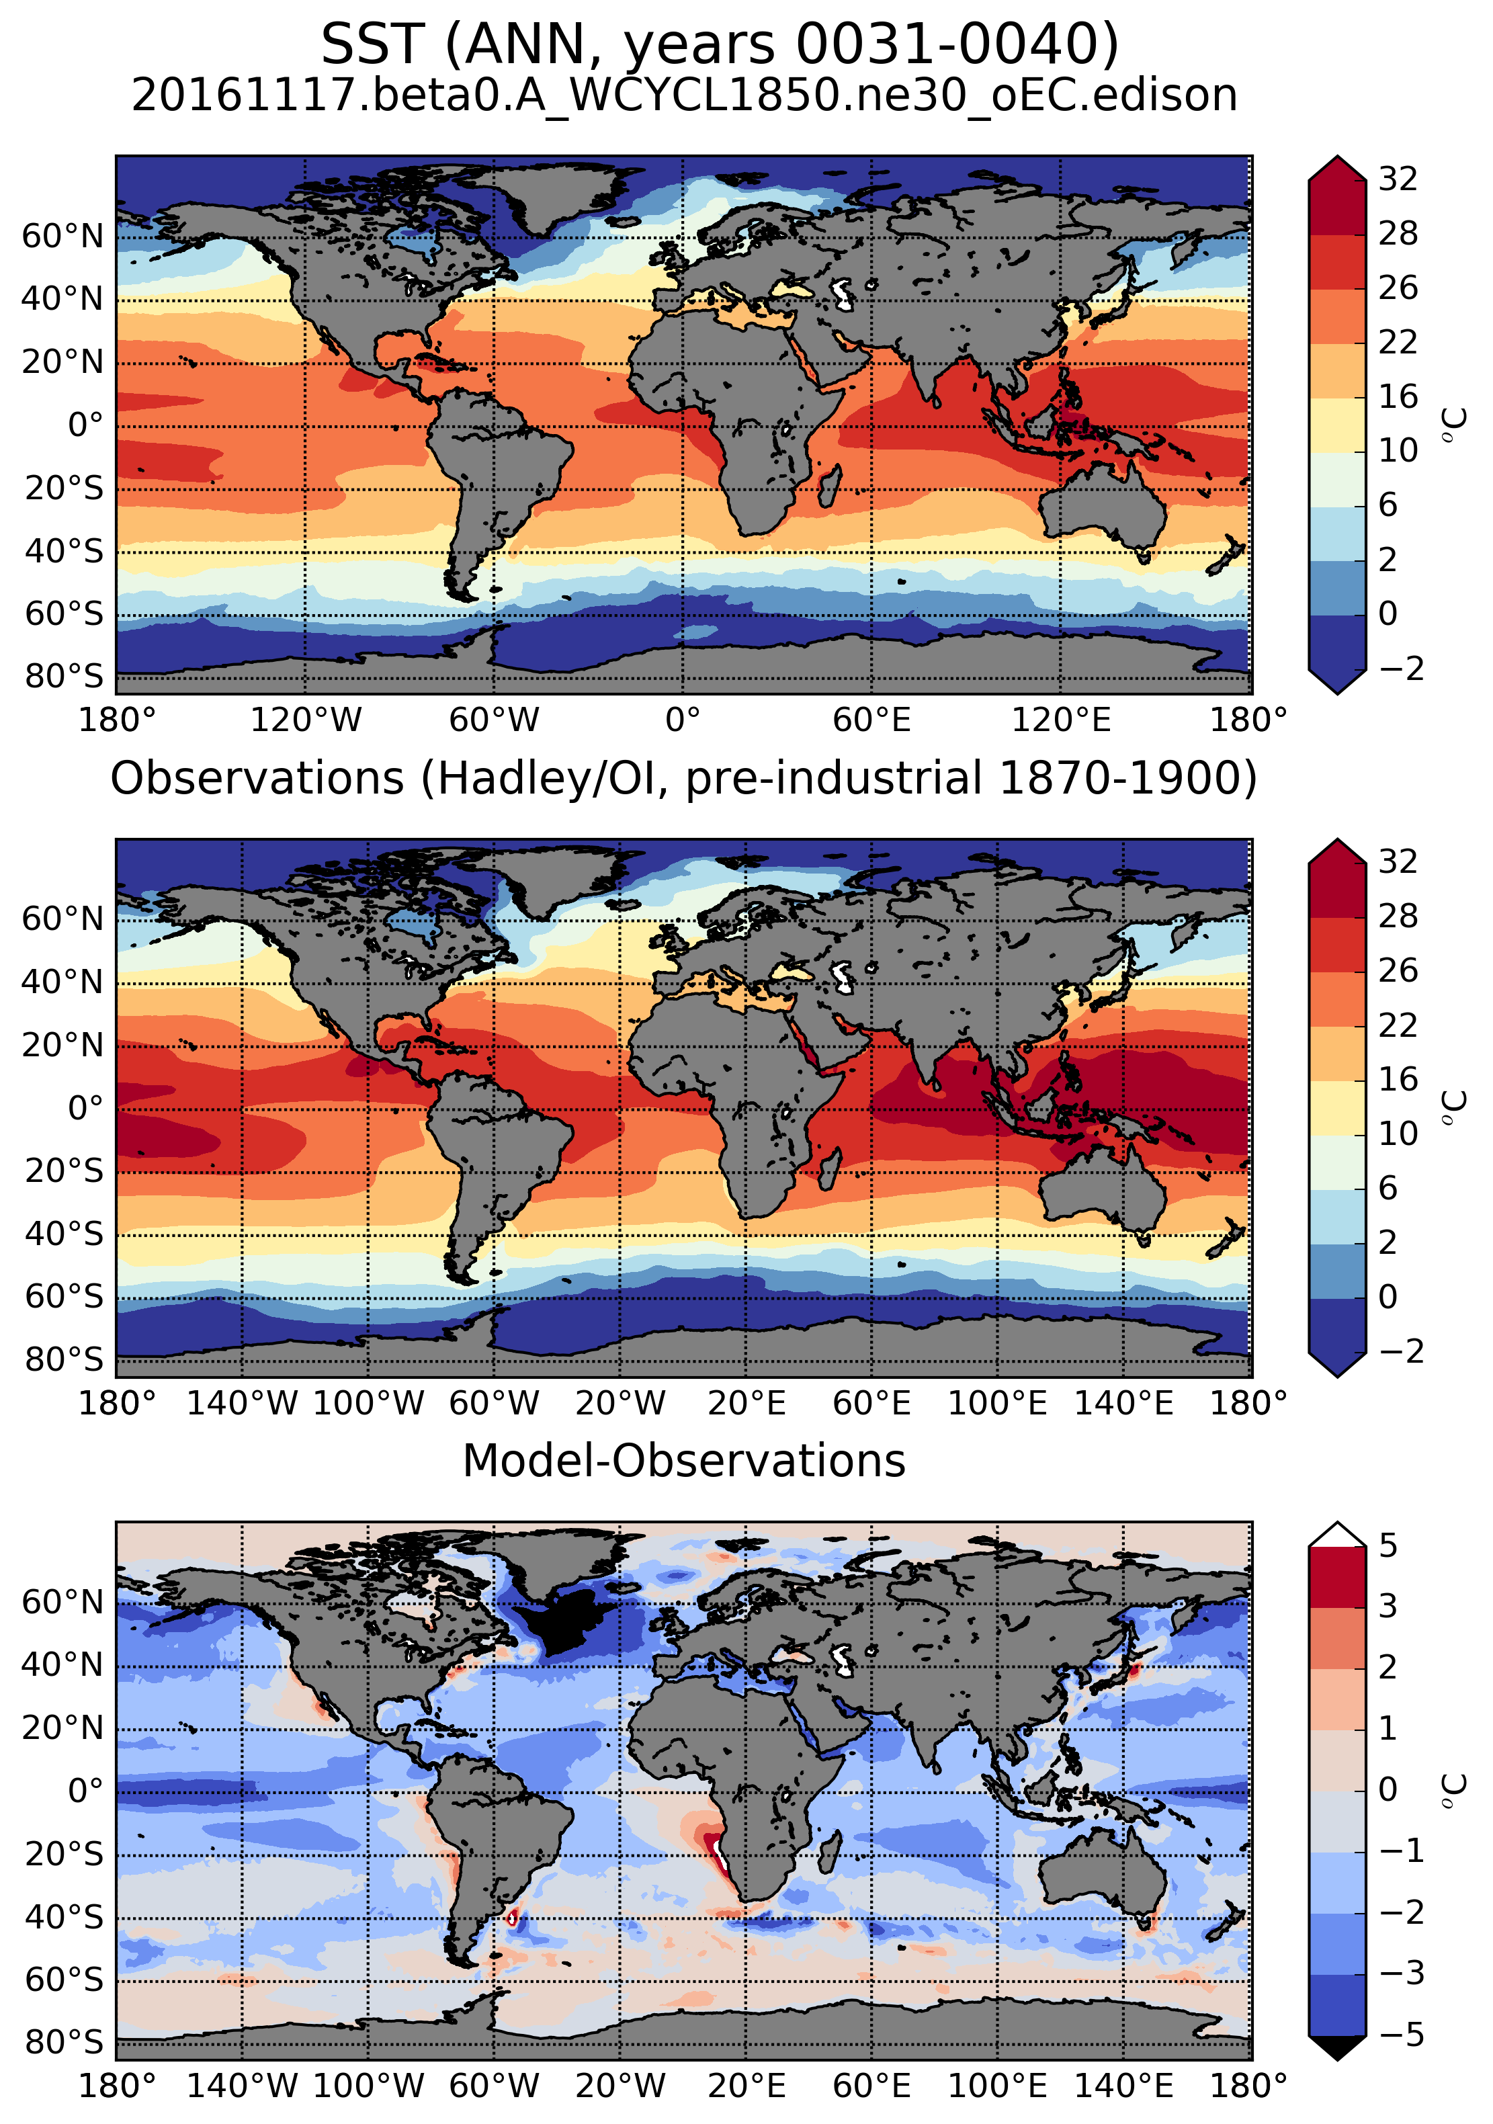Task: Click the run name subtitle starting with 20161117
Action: click(685, 95)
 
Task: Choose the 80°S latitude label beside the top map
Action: click(64, 676)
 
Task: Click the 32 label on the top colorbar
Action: click(1398, 179)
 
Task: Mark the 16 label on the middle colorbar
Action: click(1398, 1078)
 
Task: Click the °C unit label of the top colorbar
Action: click(1454, 424)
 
